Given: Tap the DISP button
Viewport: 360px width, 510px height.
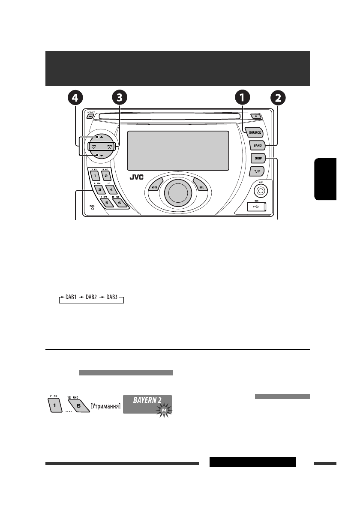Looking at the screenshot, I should [258, 159].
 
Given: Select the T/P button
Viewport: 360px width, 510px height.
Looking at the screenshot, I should [258, 171].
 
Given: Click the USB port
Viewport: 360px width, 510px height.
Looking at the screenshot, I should [257, 207].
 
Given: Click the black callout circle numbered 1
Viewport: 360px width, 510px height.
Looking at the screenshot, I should [243, 98].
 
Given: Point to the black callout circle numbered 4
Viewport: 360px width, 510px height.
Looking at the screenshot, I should [75, 98].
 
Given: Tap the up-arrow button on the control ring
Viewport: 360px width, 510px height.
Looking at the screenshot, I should [98, 137].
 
